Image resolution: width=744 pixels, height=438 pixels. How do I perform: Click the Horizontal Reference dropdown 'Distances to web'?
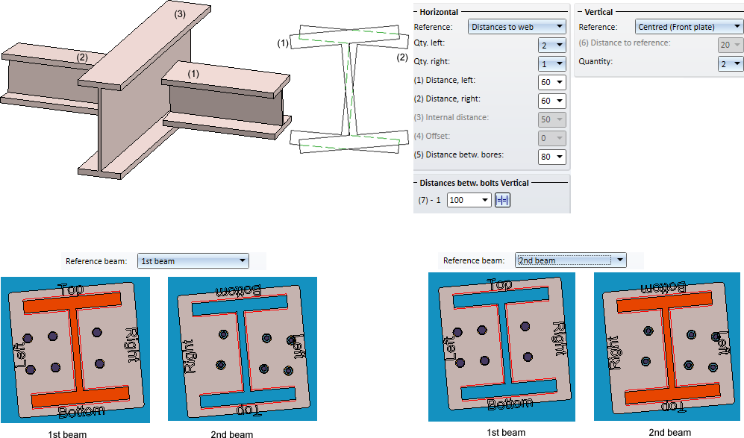pos(517,27)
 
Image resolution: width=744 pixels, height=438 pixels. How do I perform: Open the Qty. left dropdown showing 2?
pos(551,45)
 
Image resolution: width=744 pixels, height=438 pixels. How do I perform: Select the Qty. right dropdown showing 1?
pos(551,63)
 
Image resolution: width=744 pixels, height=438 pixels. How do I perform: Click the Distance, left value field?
pos(551,81)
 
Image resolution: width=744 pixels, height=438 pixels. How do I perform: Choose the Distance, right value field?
pos(551,100)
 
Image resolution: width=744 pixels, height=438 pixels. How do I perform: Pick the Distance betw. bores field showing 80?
pos(551,157)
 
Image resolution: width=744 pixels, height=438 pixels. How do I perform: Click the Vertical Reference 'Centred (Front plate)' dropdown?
pos(689,27)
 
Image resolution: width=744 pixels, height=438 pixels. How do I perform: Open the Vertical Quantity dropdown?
pos(731,63)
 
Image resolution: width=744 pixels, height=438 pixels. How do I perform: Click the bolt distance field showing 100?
pos(469,200)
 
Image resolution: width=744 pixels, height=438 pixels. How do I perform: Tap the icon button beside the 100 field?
pos(502,200)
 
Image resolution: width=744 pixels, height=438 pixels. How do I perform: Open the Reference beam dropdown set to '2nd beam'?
pos(569,260)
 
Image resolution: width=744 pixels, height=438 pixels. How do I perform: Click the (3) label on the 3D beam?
pos(180,13)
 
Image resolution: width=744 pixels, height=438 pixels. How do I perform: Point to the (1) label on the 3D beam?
pos(193,74)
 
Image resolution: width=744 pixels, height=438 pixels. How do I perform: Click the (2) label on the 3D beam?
pos(82,57)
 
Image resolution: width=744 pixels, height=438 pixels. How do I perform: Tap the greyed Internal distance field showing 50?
pos(551,119)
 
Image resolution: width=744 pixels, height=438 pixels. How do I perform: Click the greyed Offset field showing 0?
pos(551,138)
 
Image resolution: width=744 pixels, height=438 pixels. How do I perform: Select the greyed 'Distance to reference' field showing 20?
pos(731,45)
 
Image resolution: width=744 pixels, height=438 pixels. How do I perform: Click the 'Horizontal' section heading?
pos(439,12)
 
